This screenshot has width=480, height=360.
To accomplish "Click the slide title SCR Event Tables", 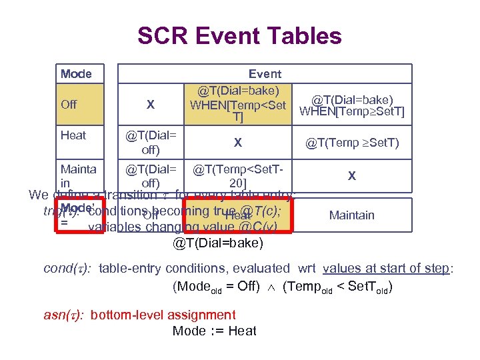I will pos(239,35).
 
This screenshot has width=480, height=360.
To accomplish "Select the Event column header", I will pos(265,74).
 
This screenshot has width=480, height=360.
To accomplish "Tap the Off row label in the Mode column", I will pos(69,105).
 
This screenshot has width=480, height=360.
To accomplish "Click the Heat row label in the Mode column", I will pos(73,135).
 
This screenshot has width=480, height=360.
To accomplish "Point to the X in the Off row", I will pos(151,105).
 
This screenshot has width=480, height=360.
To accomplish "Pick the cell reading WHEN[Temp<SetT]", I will pos(238,104).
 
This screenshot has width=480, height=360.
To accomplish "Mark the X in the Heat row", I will pos(238,142).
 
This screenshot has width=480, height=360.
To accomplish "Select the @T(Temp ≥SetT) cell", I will pos(352,142).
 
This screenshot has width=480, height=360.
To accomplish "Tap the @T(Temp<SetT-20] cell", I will pos(238,176).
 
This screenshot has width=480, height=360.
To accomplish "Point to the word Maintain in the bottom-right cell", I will pos(352,215).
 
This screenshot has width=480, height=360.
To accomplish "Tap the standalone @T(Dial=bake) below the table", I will pos(218,243).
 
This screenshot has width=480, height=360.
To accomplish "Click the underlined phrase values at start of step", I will pos(387,269).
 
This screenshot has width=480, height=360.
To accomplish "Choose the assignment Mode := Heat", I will pos(214,331).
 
